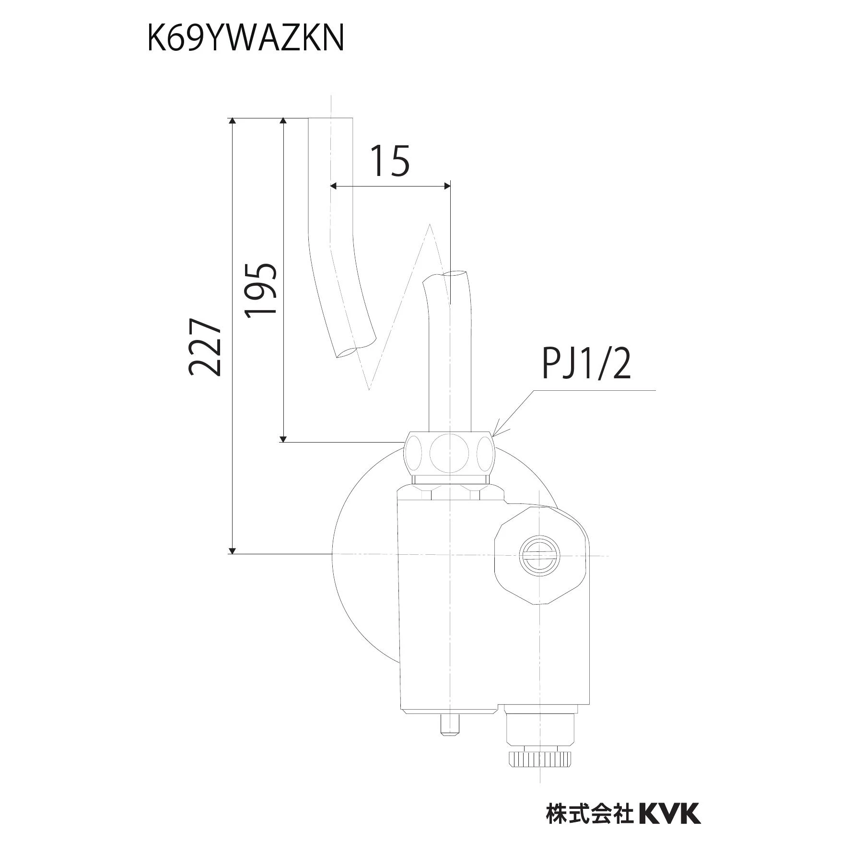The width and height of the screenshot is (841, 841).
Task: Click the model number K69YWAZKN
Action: tap(245, 38)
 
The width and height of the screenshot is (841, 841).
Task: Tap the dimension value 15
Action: tap(391, 161)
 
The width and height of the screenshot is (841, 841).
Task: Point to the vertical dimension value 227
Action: tap(205, 346)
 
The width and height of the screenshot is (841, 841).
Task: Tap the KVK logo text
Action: tap(670, 799)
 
